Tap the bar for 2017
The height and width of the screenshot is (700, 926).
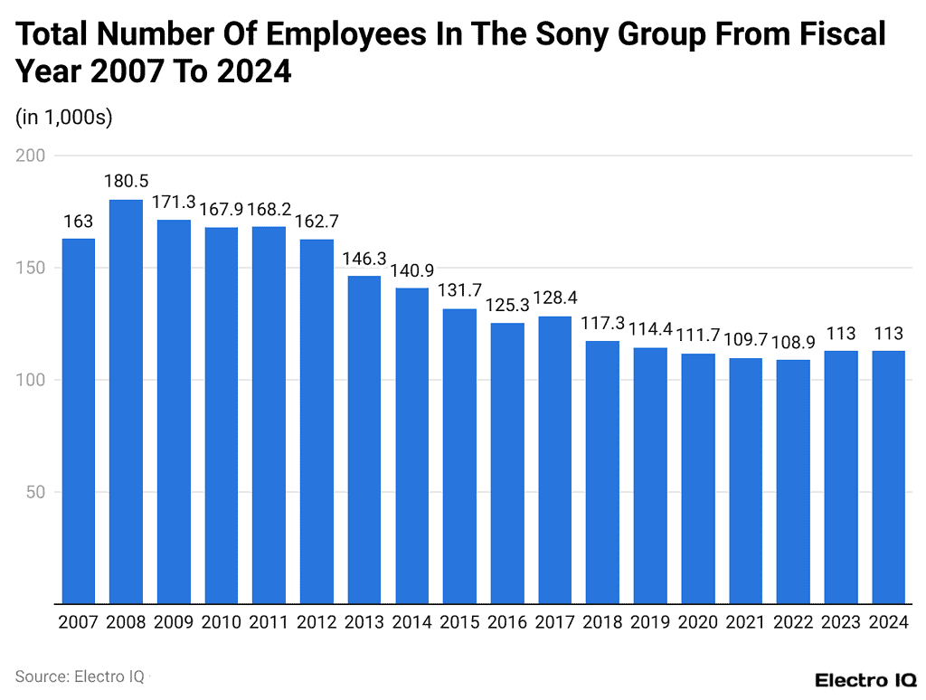(554, 459)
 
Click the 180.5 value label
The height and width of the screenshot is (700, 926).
(126, 182)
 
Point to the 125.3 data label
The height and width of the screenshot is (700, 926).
(507, 306)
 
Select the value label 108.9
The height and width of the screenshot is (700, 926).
(793, 343)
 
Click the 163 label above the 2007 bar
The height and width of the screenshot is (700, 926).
(79, 222)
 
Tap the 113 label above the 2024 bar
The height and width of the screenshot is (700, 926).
(888, 333)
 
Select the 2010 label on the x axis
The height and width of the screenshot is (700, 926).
(222, 622)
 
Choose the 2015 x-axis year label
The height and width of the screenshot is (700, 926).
(459, 622)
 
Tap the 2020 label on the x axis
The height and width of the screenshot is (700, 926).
(697, 622)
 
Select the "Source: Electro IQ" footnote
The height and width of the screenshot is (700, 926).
(80, 676)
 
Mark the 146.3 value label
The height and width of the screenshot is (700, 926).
(364, 259)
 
